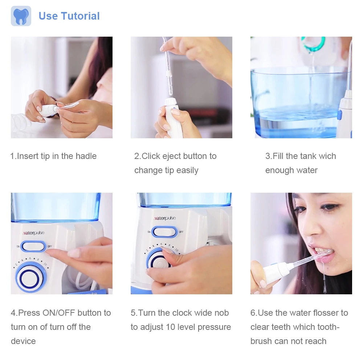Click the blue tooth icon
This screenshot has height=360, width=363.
coord(21,16)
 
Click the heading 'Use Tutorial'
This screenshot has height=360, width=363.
coord(69,16)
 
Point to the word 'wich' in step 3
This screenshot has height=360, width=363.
coord(328,156)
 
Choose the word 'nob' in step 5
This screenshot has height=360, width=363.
coord(221,312)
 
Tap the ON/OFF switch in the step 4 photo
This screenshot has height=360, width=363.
coord(33,246)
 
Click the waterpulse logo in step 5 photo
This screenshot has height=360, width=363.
coord(164,218)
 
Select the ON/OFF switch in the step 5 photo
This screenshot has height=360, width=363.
coord(164,232)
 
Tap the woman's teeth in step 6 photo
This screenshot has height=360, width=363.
coord(319,250)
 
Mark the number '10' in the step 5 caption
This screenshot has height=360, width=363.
coord(171,327)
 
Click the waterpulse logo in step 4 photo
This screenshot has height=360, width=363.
coord(33,233)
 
